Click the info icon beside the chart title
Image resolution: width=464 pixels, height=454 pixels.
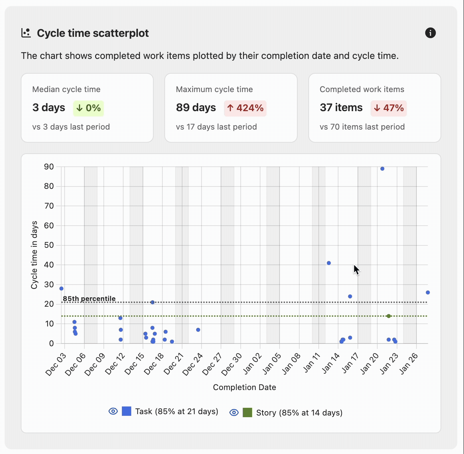(430, 33)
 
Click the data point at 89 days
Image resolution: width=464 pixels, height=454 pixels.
(382, 169)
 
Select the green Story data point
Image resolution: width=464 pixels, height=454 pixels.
(389, 316)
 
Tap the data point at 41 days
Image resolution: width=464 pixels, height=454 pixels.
(329, 263)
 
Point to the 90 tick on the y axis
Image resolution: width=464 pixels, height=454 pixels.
(49, 167)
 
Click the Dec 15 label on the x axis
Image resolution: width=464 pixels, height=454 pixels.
(135, 364)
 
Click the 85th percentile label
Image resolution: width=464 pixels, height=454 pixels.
(89, 299)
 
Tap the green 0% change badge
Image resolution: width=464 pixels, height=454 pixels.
(88, 108)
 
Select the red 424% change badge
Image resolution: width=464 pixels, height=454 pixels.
(245, 108)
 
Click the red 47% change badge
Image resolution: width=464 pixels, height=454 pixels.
(388, 108)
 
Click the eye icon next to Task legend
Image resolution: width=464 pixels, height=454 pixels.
(113, 411)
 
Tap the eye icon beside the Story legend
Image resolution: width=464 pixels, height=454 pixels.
(234, 412)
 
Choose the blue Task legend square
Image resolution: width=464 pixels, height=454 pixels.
(127, 411)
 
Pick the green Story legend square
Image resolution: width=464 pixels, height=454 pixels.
(247, 412)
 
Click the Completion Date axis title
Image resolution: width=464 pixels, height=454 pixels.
(244, 387)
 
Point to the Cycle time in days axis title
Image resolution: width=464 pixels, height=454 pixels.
(34, 255)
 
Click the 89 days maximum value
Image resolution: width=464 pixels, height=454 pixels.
(196, 107)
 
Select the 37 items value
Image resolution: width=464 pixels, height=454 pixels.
(341, 107)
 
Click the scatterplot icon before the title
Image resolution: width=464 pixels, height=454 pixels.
(26, 33)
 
